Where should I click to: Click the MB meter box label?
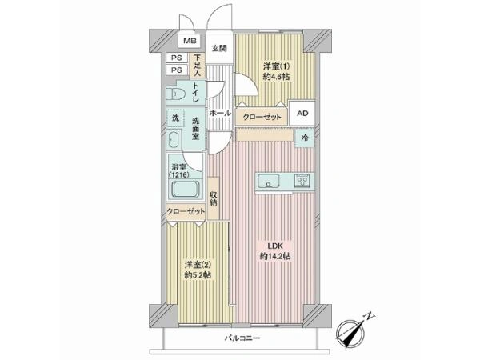coord(190,41)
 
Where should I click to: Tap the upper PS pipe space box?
coord(176,58)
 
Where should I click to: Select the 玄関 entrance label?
coord(219,48)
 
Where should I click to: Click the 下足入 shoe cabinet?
coord(198,66)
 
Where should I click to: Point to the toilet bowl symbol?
coord(175,94)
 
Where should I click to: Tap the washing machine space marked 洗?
coord(175,118)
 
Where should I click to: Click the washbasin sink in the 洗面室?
coord(174,139)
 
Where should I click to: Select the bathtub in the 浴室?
coord(186,190)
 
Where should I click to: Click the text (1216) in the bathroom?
coord(179,174)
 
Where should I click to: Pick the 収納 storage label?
coord(214,198)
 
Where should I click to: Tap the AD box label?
coord(302,114)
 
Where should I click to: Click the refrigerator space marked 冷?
coord(304,138)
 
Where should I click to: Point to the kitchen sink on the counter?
coord(269,181)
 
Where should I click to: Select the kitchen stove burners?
coord(302,181)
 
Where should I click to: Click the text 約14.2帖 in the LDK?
coord(275,256)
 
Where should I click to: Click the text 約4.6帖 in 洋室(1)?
coord(277,77)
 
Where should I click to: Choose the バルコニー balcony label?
coord(242,338)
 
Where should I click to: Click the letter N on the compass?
coord(370,316)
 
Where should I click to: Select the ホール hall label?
coord(220,113)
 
